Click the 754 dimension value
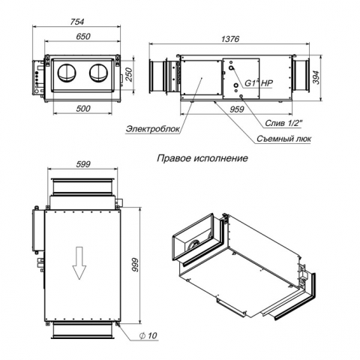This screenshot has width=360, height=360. click(x=76, y=22)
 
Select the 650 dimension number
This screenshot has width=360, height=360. click(x=83, y=37)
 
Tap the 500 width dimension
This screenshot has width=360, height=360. click(x=83, y=109)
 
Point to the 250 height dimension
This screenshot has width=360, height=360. click(x=129, y=74)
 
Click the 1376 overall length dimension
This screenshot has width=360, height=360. click(x=230, y=39)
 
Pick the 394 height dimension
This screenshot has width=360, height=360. click(x=316, y=78)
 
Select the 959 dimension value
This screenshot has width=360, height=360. click(x=236, y=109)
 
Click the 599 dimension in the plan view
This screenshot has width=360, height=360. click(x=83, y=164)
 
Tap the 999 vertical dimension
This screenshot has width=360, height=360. click(x=135, y=265)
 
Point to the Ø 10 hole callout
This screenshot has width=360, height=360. click(x=148, y=336)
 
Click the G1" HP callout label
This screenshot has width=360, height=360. click(x=259, y=83)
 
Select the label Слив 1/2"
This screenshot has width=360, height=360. click(x=283, y=123)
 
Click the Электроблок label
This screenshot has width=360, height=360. click(x=153, y=129)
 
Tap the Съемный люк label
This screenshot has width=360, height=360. click(x=283, y=139)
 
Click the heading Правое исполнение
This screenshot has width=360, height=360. click(x=202, y=158)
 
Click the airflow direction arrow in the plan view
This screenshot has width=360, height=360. click(x=79, y=262)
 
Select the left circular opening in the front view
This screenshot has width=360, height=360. click(x=67, y=73)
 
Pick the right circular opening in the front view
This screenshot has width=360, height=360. click(x=99, y=73)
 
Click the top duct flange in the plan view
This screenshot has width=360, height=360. click(x=82, y=186)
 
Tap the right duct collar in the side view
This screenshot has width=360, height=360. click(x=301, y=75)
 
